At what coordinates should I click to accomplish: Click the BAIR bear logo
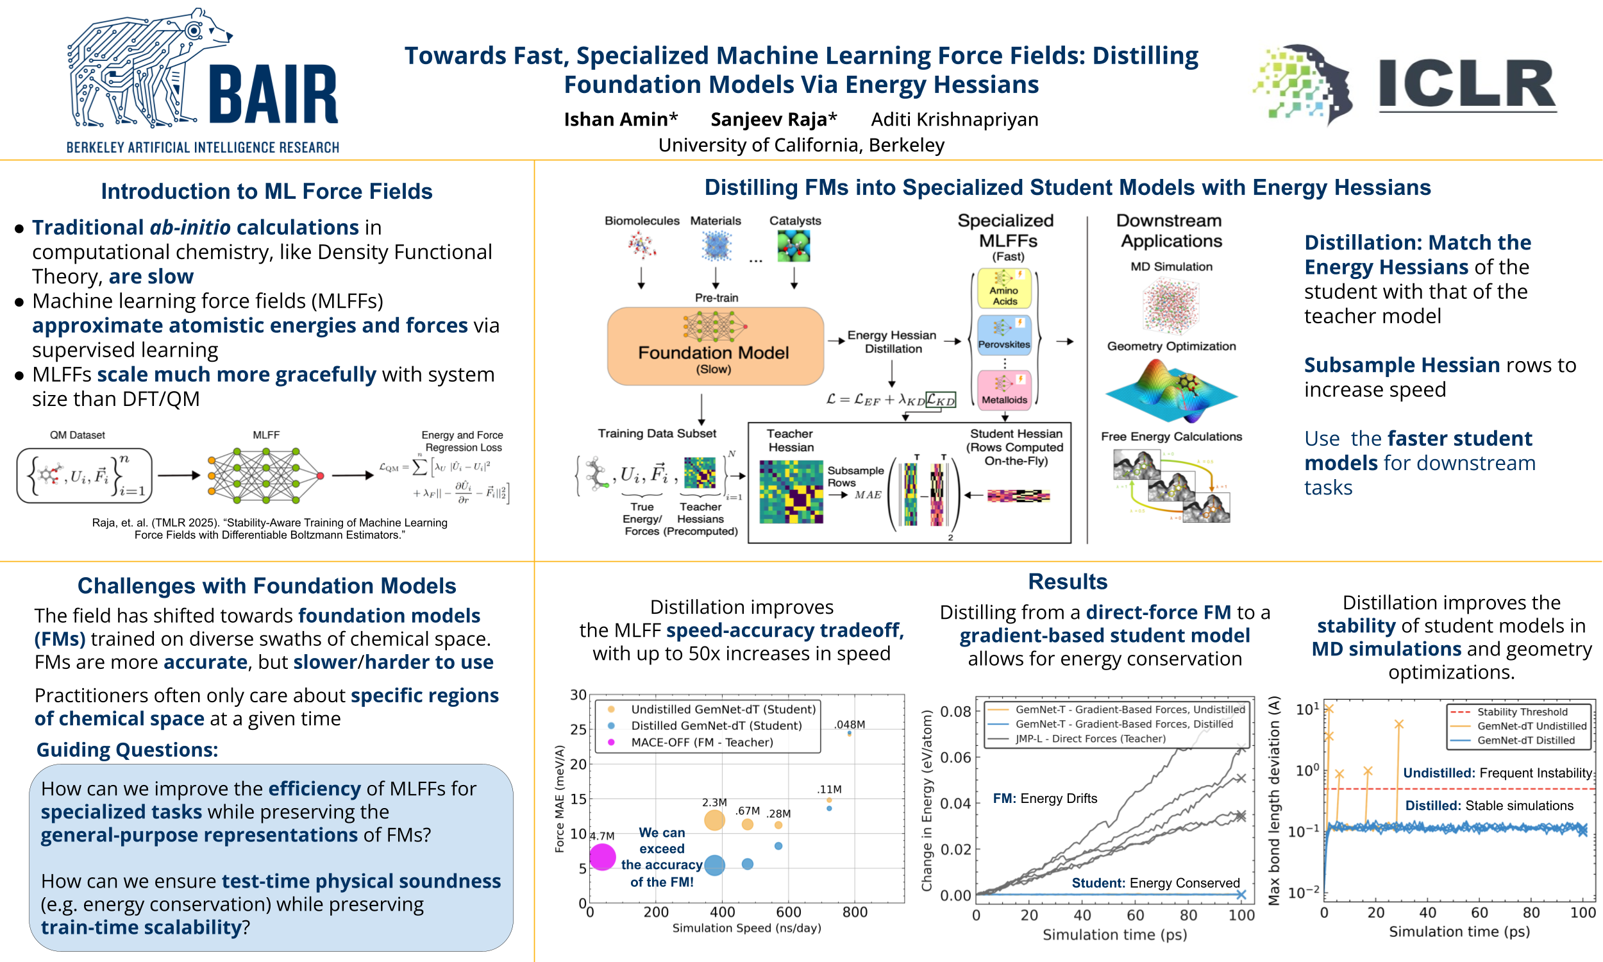pos(149,68)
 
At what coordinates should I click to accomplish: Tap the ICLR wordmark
pos(1467,84)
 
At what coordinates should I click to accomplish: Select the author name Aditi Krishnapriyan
pos(954,119)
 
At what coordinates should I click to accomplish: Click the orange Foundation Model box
pos(715,346)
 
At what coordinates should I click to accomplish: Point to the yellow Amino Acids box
pos(1004,289)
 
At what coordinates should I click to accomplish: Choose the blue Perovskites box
pos(1003,335)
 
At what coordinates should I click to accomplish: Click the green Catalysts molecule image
pos(794,247)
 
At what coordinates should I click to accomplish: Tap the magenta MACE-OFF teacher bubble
pos(602,857)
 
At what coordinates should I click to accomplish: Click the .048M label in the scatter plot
pos(850,724)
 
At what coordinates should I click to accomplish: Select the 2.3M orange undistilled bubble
pos(714,820)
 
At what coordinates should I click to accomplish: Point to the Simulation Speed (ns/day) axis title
pos(746,927)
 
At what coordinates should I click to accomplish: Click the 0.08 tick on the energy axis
pos(955,712)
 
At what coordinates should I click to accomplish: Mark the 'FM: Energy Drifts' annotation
pos(1045,798)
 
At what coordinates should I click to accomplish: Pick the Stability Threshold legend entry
pos(1522,712)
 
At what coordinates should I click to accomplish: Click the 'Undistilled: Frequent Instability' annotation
pos(1497,773)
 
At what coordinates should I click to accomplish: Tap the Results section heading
pos(1067,582)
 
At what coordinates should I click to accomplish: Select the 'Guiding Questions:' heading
pos(127,749)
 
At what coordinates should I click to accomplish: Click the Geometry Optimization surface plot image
pos(1171,389)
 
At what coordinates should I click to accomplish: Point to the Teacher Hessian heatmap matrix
pos(791,491)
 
